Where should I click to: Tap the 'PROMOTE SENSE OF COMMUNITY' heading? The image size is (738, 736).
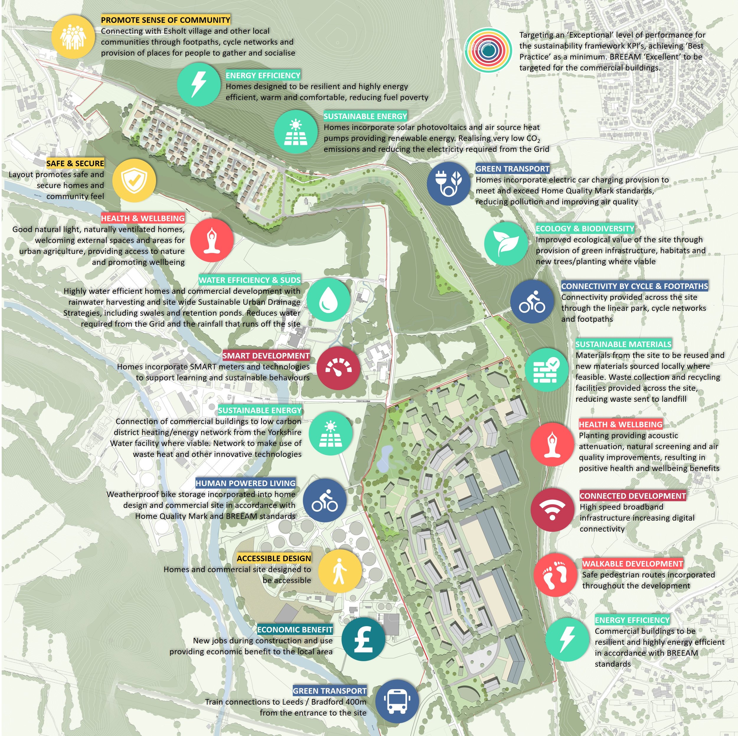(x=165, y=20)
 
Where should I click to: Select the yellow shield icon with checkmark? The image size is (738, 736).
(x=134, y=180)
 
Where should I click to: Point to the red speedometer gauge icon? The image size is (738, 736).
(x=338, y=368)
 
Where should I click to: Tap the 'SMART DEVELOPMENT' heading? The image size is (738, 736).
(x=266, y=355)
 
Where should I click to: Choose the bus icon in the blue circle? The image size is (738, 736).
(x=397, y=701)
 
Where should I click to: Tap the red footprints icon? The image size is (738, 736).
(x=555, y=574)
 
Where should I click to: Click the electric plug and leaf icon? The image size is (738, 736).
(x=449, y=183)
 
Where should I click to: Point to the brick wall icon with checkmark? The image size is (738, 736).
(x=546, y=369)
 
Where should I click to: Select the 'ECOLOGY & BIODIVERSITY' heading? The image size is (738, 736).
(x=585, y=229)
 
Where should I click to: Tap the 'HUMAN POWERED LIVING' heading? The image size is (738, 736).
(x=246, y=483)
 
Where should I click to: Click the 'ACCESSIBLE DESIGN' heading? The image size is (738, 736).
(x=274, y=558)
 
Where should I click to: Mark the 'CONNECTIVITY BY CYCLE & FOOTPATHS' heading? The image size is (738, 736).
(x=634, y=286)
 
